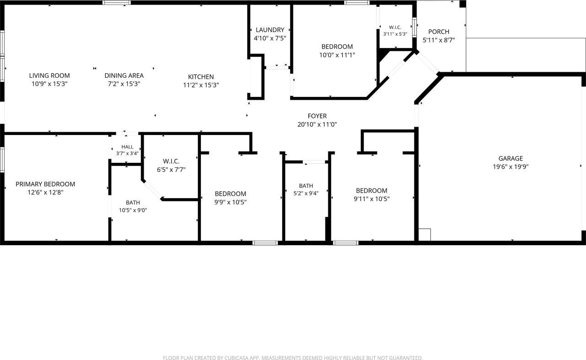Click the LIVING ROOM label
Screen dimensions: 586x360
click(x=49, y=75)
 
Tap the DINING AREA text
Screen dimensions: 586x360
click(x=124, y=75)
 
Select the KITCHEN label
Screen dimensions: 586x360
click(x=201, y=77)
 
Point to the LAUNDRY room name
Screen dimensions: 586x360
click(x=270, y=30)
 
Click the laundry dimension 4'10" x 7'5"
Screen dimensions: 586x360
click(x=270, y=38)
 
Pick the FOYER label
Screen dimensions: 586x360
click(x=317, y=116)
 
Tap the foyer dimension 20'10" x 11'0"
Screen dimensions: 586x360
click(x=317, y=124)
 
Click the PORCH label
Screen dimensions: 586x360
click(x=439, y=32)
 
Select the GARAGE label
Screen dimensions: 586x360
click(x=510, y=158)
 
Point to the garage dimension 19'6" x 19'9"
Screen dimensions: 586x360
click(x=510, y=167)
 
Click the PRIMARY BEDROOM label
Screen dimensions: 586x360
click(x=45, y=184)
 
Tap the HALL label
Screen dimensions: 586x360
click(x=127, y=147)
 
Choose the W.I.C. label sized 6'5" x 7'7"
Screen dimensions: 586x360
click(x=171, y=161)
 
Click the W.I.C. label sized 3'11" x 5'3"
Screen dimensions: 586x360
click(x=395, y=27)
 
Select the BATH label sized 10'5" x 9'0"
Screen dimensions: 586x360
click(x=133, y=202)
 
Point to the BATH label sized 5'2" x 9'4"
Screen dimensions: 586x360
click(x=306, y=186)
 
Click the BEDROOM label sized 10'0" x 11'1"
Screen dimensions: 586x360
click(x=337, y=47)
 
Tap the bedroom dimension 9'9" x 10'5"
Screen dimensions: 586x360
click(x=230, y=202)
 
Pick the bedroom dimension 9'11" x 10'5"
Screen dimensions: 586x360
click(x=371, y=199)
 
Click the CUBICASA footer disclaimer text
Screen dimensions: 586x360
click(x=293, y=358)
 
